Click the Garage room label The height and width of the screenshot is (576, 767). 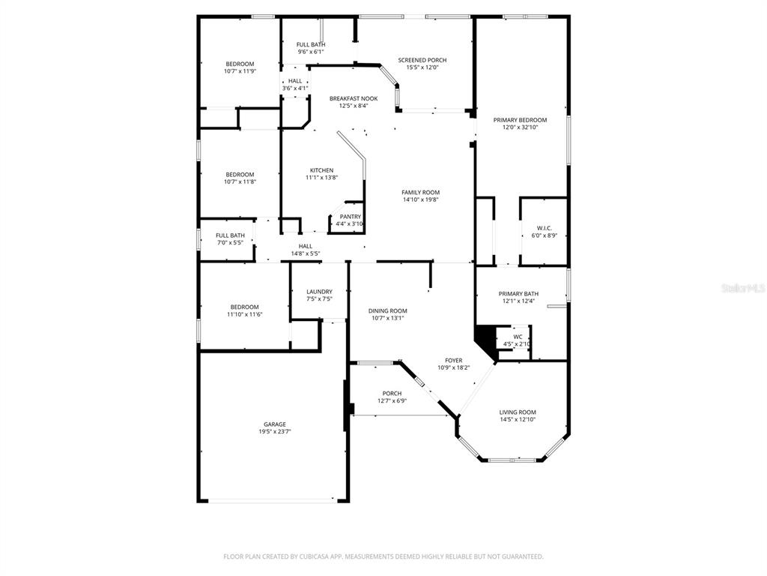(275, 424)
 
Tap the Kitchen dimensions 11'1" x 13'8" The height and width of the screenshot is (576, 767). (322, 178)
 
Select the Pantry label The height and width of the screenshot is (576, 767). (351, 217)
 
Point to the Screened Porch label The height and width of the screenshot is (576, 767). (422, 60)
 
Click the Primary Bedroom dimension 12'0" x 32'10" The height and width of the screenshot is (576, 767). (520, 127)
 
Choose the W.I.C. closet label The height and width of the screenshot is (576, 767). (545, 228)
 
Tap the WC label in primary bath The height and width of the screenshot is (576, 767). (518, 337)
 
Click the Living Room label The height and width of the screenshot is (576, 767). (518, 412)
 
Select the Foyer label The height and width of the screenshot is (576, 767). (453, 361)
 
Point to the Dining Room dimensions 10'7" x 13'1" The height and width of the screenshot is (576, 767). (388, 318)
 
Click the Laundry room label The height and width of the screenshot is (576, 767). (319, 292)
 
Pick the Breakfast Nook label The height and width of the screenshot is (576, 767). (354, 98)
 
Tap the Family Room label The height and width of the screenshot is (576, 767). (421, 193)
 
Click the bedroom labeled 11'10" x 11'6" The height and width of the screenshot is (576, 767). (245, 310)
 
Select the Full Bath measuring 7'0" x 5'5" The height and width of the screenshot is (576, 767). (231, 239)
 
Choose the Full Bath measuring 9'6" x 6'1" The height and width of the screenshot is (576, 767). (311, 48)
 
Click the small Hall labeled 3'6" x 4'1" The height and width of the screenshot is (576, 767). (295, 85)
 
